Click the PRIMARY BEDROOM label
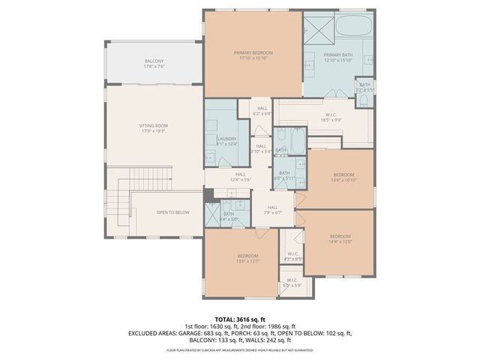point(253,52)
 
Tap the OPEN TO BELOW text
point(172,212)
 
